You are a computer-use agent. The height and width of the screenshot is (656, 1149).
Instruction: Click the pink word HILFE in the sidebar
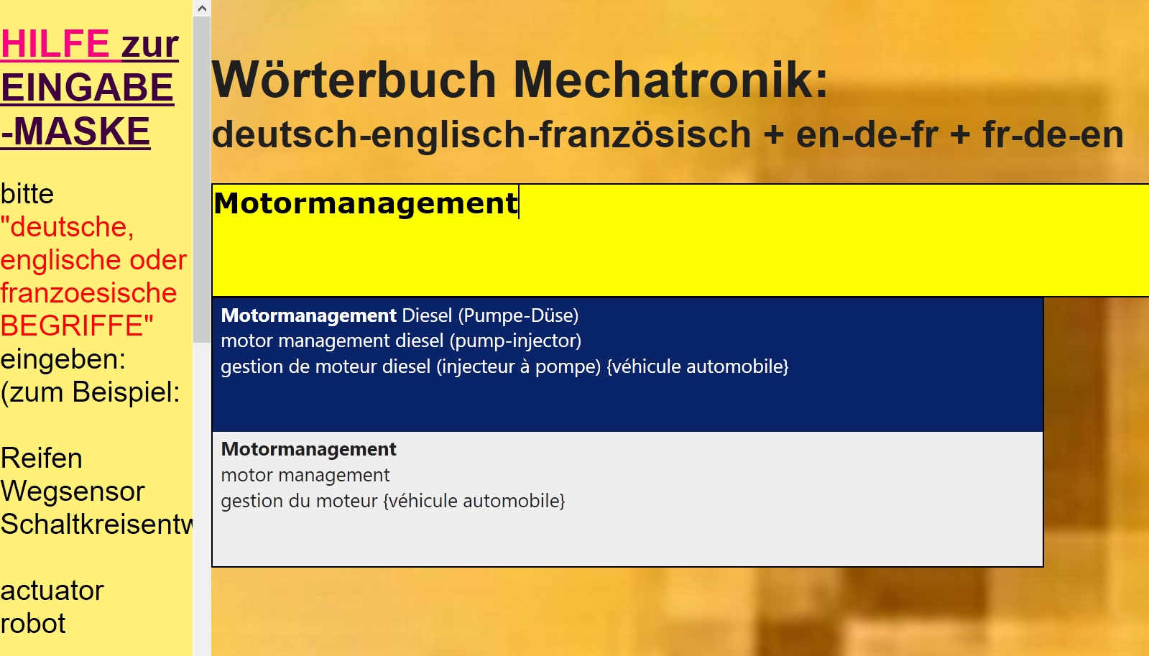pyautogui.click(x=55, y=44)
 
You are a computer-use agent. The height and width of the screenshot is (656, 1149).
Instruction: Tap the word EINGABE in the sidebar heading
pyautogui.click(x=87, y=87)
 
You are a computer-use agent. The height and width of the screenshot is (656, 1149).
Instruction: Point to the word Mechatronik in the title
pyautogui.click(x=670, y=80)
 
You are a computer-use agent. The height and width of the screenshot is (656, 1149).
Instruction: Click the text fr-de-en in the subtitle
pyautogui.click(x=1053, y=134)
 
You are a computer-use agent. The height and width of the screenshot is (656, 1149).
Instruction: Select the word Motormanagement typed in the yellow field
pyautogui.click(x=366, y=203)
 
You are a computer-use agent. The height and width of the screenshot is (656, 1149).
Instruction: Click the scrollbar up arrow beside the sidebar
pyautogui.click(x=202, y=8)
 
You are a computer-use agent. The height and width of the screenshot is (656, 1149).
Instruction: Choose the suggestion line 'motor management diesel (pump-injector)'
pyautogui.click(x=401, y=341)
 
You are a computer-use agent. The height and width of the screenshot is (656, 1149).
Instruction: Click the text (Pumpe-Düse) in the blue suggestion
pyautogui.click(x=518, y=315)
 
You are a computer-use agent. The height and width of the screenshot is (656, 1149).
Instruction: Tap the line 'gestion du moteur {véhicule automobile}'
pyautogui.click(x=393, y=501)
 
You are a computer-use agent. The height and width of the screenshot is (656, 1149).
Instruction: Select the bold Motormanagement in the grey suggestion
pyautogui.click(x=308, y=449)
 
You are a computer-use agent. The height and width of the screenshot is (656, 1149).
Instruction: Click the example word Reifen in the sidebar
pyautogui.click(x=41, y=458)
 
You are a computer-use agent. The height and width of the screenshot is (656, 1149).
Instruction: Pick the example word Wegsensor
pyautogui.click(x=73, y=491)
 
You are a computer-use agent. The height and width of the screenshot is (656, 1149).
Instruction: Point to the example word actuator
pyautogui.click(x=52, y=591)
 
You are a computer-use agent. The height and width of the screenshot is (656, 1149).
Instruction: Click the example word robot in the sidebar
pyautogui.click(x=33, y=624)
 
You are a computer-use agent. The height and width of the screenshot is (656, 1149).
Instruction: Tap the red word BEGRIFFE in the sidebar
pyautogui.click(x=77, y=325)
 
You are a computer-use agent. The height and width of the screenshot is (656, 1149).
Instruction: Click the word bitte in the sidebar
pyautogui.click(x=27, y=194)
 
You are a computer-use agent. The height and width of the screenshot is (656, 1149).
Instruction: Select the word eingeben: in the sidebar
pyautogui.click(x=63, y=359)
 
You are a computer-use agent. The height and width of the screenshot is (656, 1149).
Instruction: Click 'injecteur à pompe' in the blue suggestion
pyautogui.click(x=519, y=366)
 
